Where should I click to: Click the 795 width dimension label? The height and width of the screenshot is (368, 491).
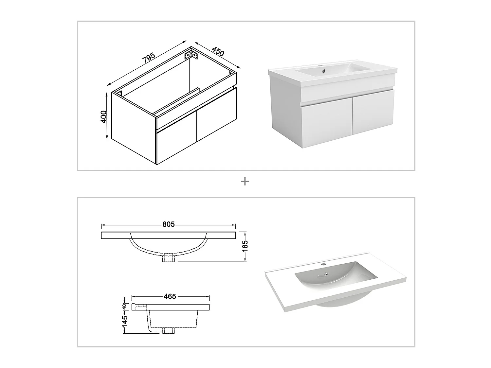[149, 58]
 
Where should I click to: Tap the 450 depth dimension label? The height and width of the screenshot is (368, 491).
[218, 52]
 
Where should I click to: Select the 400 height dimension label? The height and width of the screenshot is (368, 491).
[103, 117]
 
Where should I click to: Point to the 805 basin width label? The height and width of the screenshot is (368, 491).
[169, 224]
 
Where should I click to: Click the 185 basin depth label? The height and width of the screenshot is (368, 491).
[245, 246]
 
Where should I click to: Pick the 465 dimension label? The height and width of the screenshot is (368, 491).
[170, 296]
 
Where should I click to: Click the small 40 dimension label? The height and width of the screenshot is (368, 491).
[124, 307]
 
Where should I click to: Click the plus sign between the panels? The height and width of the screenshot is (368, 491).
[245, 181]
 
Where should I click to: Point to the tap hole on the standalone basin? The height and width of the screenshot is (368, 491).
[323, 265]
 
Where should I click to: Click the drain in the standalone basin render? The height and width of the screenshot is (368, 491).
[327, 273]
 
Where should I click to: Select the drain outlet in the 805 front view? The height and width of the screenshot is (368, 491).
[169, 258]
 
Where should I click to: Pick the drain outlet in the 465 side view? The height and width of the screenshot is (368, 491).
[168, 330]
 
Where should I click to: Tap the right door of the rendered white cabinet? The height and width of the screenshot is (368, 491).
[373, 112]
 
